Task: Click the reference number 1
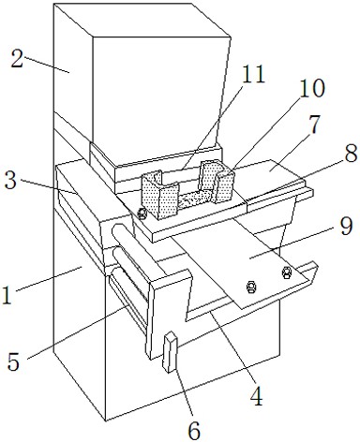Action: pos(7,295)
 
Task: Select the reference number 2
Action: pos(18,59)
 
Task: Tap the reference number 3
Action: pos(11,181)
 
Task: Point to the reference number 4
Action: pos(257,395)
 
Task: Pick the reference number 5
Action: pos(14,361)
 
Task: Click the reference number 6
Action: pos(194,431)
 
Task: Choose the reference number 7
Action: pos(314,125)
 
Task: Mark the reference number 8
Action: pos(351,154)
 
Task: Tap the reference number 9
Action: pos(346,227)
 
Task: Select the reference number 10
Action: pos(311,89)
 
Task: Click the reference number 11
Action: pos(253,74)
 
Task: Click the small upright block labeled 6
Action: pos(170,351)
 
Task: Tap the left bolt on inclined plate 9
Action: pos(251,287)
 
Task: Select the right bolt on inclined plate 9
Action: pos(286,273)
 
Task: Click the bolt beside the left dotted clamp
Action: pos(142,214)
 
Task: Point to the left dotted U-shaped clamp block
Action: pos(159,195)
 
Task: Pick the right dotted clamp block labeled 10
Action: pos(217,182)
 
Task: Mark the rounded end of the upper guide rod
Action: pos(116,230)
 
